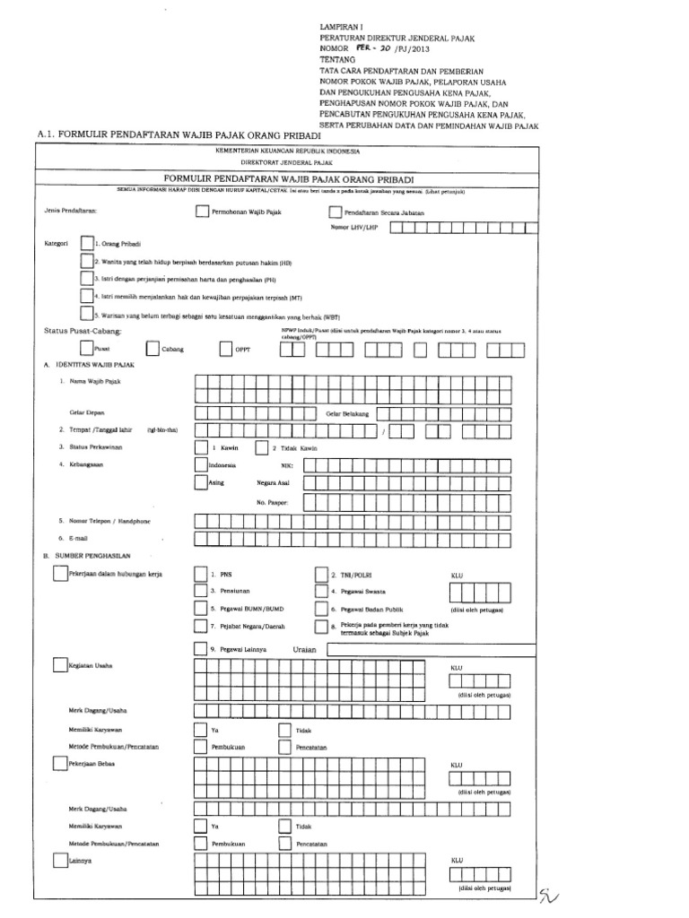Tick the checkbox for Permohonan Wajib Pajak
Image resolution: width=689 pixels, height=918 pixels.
(x=201, y=212)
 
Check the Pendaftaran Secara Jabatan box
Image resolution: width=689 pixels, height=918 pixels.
(x=336, y=212)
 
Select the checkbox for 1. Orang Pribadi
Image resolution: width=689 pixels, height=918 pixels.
(x=85, y=243)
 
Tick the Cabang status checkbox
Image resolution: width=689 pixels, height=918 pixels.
(x=153, y=348)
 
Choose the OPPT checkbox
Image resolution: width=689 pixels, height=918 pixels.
(x=225, y=348)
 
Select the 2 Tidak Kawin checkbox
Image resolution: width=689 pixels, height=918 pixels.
(x=261, y=446)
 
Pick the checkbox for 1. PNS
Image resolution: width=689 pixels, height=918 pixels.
(x=200, y=574)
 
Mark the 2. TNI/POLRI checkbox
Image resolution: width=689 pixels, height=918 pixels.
(x=320, y=574)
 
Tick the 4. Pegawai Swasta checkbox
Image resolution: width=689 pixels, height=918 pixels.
(x=320, y=591)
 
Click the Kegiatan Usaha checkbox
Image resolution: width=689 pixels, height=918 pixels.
(x=58, y=665)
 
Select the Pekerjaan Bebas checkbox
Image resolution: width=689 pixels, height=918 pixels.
(x=58, y=763)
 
